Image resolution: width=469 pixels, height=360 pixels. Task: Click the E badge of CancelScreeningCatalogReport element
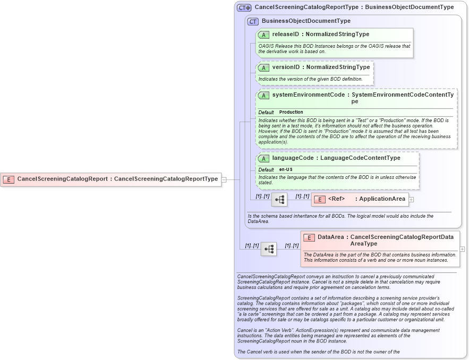click(x=8, y=179)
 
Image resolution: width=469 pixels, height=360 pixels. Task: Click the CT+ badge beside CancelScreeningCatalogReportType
click(x=244, y=7)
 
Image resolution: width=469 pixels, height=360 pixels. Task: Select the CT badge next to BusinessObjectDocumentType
click(x=253, y=21)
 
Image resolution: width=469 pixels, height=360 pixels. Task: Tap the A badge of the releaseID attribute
click(x=263, y=35)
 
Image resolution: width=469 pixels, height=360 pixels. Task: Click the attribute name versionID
click(x=286, y=67)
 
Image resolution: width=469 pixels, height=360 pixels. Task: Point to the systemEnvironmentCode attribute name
click(x=308, y=95)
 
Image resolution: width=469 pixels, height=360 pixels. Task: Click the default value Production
click(x=291, y=112)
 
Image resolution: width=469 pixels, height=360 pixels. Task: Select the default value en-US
click(x=286, y=169)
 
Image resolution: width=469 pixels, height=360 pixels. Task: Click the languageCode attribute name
click(x=293, y=158)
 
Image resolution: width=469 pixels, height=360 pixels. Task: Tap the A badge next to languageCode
click(x=263, y=158)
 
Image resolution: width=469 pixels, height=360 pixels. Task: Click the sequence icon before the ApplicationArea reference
click(x=279, y=200)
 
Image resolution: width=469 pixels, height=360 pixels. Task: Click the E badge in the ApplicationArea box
click(x=320, y=200)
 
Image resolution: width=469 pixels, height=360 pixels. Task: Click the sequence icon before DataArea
click(x=269, y=249)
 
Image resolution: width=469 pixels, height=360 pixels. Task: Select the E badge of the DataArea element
click(x=309, y=237)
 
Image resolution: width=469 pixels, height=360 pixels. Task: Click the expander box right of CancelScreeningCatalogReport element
click(x=224, y=179)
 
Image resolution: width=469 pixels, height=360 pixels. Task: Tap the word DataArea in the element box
click(x=330, y=237)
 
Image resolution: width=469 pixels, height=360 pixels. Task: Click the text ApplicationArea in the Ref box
click(x=382, y=199)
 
